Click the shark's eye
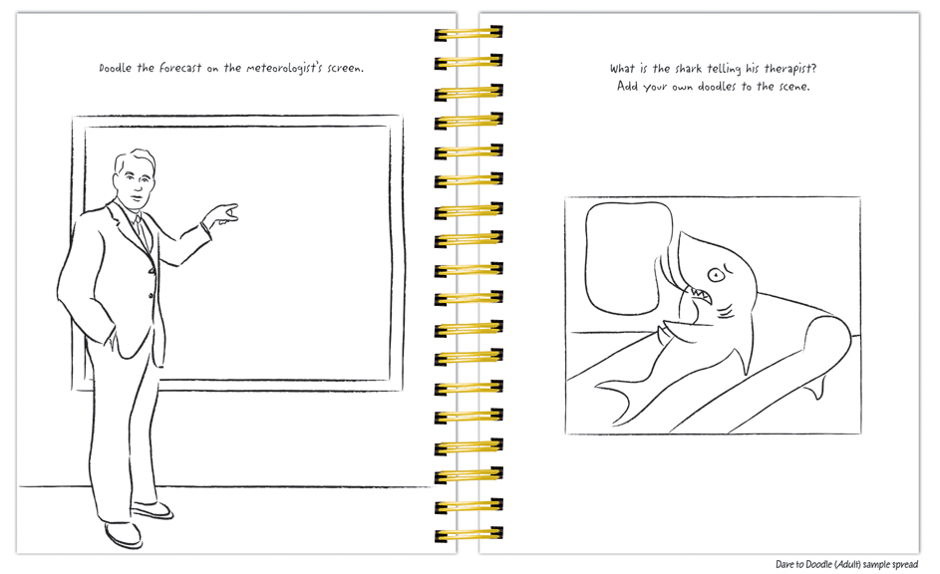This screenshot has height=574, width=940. [715, 273]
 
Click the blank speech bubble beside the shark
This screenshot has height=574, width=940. [627, 256]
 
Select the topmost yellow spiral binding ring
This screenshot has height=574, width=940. [469, 34]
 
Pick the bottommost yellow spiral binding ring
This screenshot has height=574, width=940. [469, 534]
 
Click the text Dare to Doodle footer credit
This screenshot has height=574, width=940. [846, 564]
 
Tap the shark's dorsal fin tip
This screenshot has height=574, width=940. [682, 237]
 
